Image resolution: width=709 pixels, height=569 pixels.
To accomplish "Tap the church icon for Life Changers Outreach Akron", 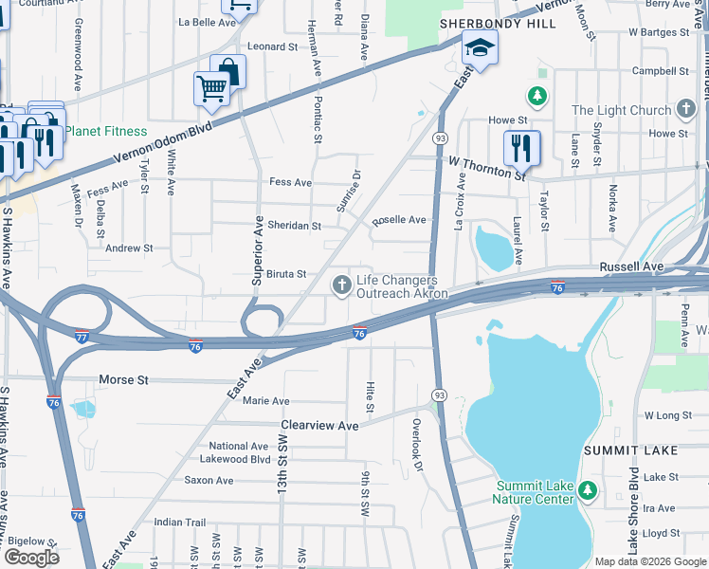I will (341, 284).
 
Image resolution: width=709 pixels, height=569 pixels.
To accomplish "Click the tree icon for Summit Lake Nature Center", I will (588, 490).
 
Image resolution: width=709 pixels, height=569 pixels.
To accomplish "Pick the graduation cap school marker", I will (480, 49).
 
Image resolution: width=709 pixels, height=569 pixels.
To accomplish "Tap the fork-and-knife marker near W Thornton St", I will (521, 148).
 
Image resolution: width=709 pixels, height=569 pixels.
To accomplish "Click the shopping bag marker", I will (227, 71).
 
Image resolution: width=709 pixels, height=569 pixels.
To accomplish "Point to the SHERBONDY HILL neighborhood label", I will (483, 22).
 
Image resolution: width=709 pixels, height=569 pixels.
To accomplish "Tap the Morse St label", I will (124, 380).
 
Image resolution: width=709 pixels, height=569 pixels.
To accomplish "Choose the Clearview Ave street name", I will (319, 426).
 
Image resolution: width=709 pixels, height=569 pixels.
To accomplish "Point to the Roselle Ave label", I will (399, 220).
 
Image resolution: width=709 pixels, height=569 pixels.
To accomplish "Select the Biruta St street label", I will (285, 274).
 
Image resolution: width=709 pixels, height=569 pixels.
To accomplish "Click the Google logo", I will (32, 557).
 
